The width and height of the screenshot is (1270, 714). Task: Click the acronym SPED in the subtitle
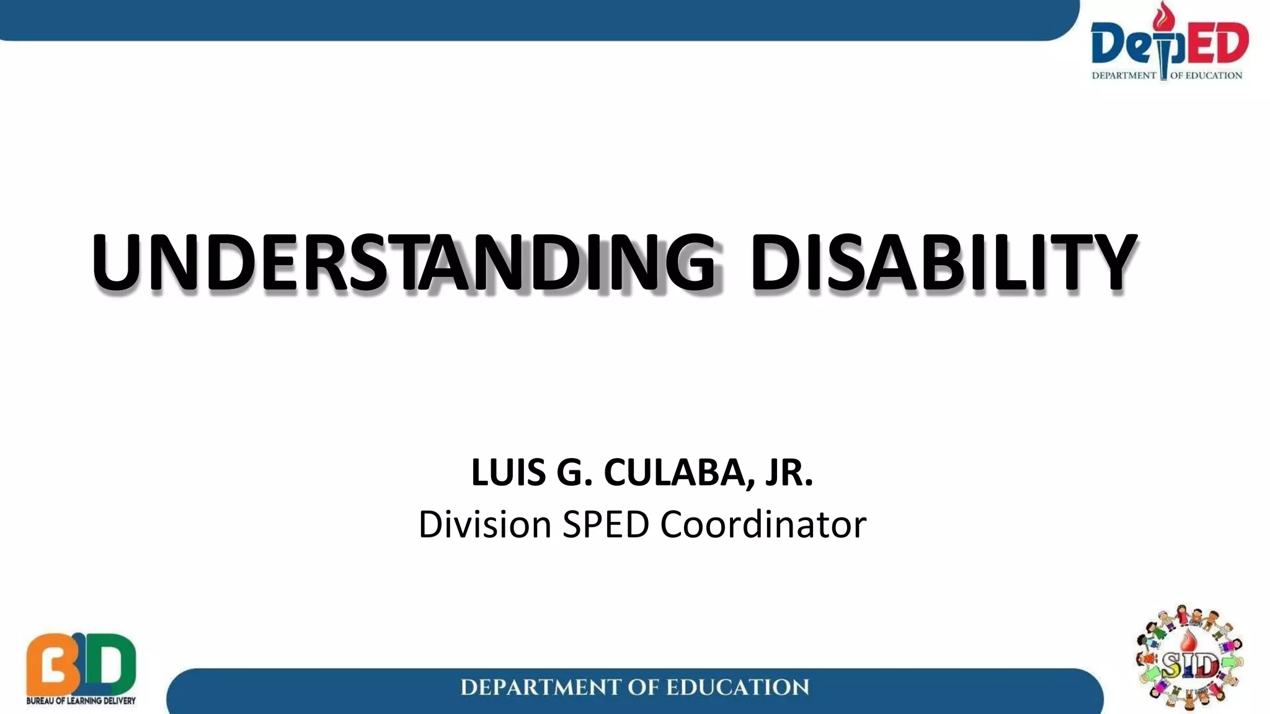coord(605,524)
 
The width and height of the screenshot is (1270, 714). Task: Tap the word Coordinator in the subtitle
coord(763,524)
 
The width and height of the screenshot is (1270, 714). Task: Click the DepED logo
coord(1169,43)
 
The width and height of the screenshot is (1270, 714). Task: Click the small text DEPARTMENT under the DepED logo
coord(1124,76)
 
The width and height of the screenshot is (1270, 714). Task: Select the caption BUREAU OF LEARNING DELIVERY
coord(81,701)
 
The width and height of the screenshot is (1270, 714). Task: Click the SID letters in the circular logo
coord(1190,666)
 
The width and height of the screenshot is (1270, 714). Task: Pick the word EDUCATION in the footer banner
coord(737,687)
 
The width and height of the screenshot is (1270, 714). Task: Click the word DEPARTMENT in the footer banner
coord(539,687)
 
